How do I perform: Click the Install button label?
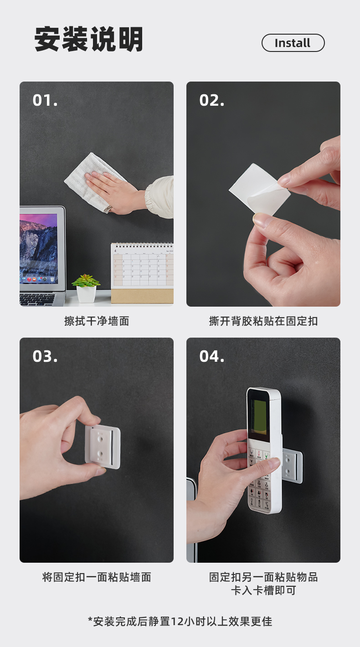tap(293, 43)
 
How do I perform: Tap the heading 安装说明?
tap(89, 39)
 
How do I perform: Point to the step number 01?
tap(45, 100)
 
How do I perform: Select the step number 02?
tap(212, 100)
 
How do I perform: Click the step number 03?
tap(45, 356)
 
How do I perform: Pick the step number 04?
tap(212, 356)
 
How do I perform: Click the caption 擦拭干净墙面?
tap(97, 321)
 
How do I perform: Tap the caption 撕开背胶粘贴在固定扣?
tap(263, 321)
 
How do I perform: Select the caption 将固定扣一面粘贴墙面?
tap(97, 577)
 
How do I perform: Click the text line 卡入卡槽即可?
tap(263, 590)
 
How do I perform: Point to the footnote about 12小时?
tap(180, 621)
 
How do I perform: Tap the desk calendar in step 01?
tap(142, 273)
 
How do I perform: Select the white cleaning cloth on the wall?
tap(93, 182)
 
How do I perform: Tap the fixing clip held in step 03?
tap(103, 447)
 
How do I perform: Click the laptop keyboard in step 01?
tap(37, 299)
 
